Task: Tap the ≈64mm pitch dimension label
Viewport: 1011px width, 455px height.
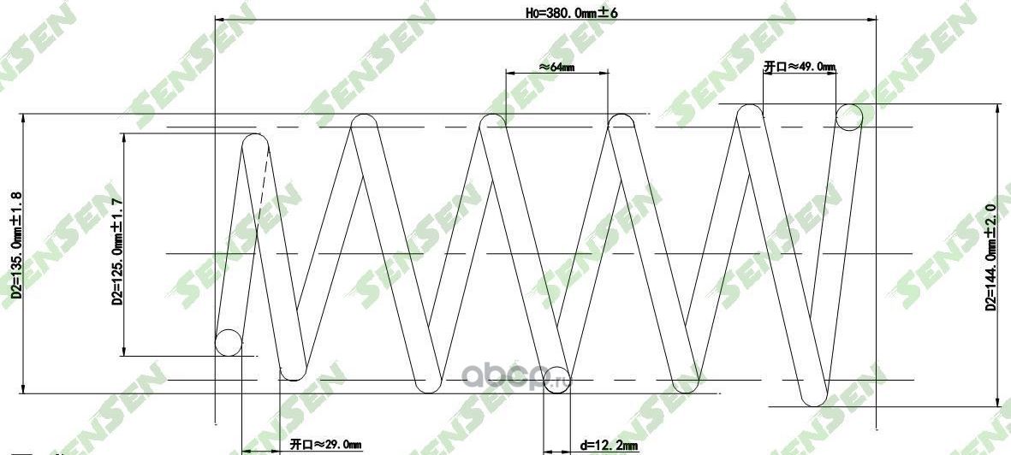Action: (x=556, y=66)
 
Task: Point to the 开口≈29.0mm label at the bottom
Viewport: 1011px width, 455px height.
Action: (x=325, y=445)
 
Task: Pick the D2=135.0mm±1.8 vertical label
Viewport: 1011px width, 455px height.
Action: (x=16, y=253)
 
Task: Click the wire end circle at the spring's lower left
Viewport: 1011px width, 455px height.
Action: (x=229, y=342)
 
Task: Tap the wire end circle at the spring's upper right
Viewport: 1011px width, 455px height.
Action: (x=849, y=117)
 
